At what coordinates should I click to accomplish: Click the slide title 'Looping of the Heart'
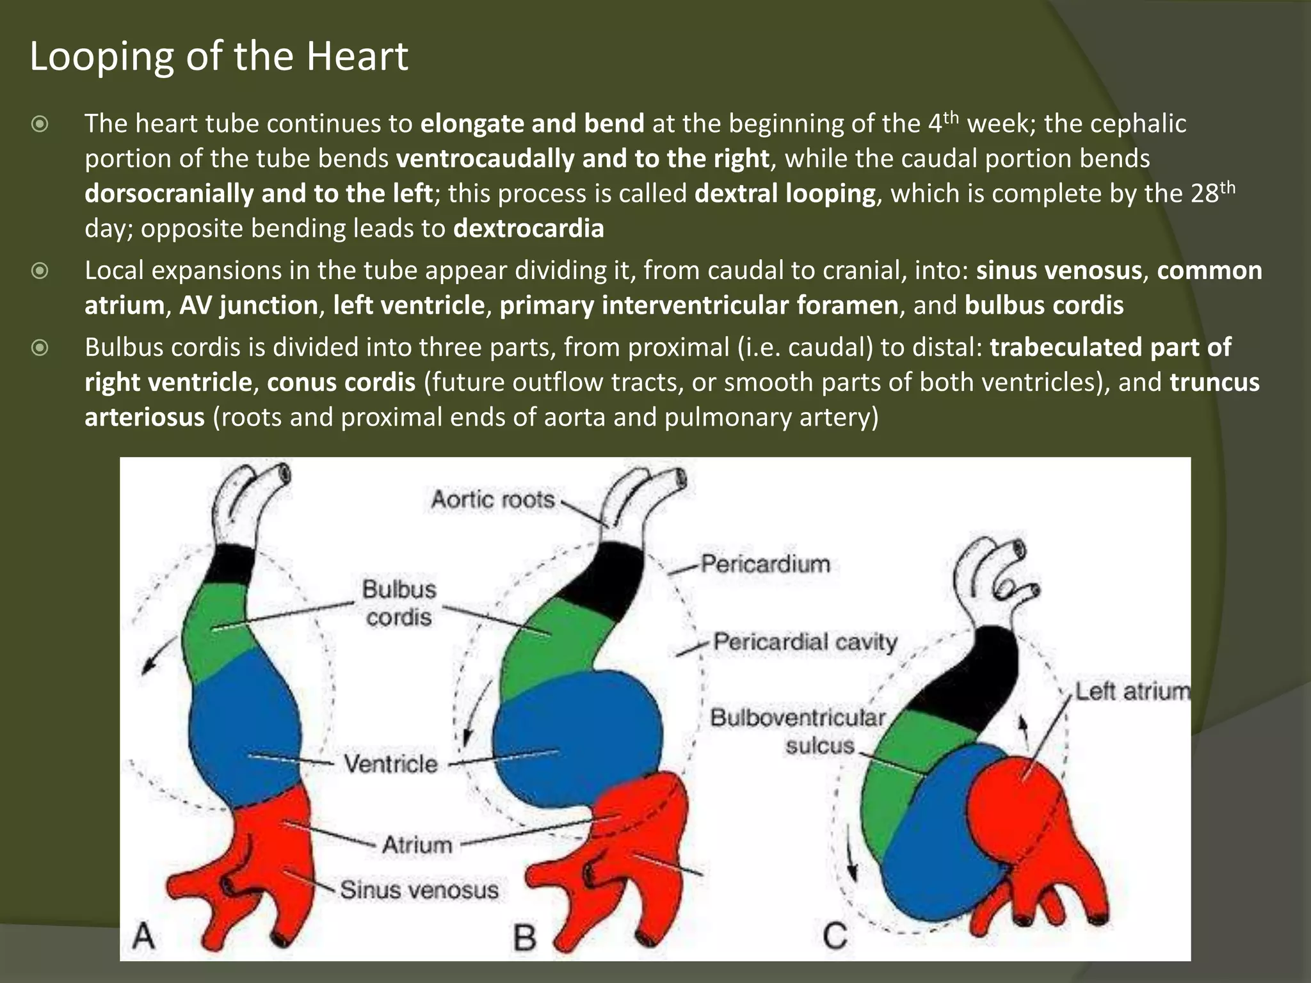click(x=218, y=56)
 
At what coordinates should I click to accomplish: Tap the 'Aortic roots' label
click(x=492, y=499)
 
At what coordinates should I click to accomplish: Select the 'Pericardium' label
click(x=765, y=564)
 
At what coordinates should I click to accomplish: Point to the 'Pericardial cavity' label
click(x=805, y=641)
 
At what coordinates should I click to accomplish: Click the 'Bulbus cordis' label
click(x=399, y=603)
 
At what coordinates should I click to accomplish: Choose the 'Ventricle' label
click(x=390, y=763)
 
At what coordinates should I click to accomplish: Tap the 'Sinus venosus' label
click(x=419, y=890)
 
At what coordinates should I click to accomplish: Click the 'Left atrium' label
click(x=1132, y=691)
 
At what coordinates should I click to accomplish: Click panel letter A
click(x=144, y=936)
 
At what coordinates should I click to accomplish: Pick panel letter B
click(x=525, y=938)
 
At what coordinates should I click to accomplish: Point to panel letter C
click(x=835, y=936)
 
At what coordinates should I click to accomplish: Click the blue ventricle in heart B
click(x=576, y=736)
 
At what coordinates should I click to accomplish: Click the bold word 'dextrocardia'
click(x=528, y=228)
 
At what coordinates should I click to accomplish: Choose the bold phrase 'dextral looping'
click(x=785, y=193)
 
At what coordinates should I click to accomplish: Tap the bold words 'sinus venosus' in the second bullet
click(x=1059, y=270)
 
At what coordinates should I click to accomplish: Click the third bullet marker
click(x=40, y=348)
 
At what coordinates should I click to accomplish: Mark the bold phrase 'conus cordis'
click(x=341, y=382)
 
